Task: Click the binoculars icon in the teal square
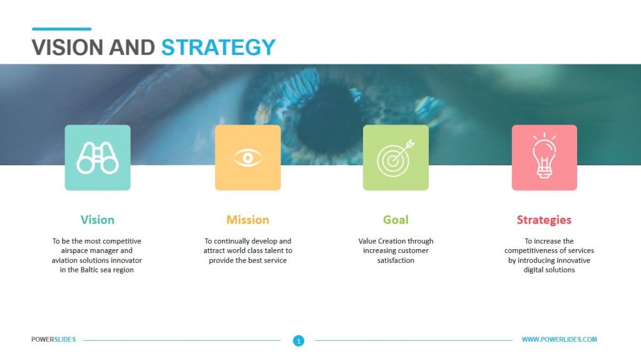coord(98,158)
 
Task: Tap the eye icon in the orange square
coord(247,158)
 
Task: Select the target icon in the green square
coord(396,158)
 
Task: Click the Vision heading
coord(98,220)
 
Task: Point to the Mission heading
coord(248,220)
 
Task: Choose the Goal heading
coord(396,220)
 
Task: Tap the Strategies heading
coord(544,220)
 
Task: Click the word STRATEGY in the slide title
coord(218,48)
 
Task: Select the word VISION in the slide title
coord(68,48)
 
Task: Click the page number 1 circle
coord(299,341)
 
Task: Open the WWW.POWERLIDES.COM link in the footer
coord(559,339)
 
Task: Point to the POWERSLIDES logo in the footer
coord(54,339)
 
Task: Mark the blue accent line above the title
coord(61,29)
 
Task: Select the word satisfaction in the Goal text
coord(396,260)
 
